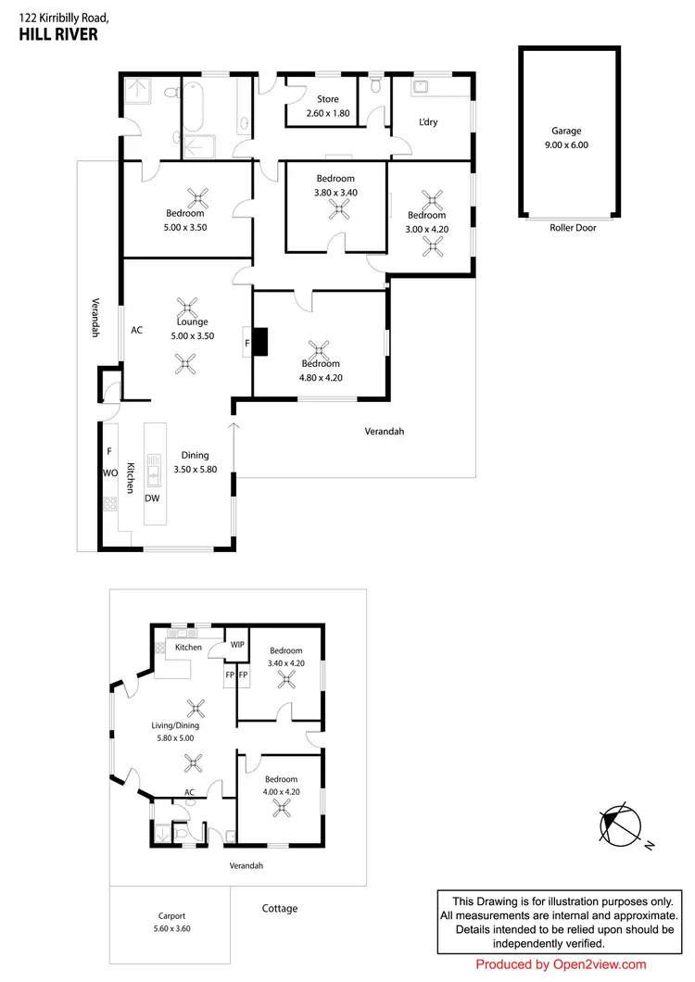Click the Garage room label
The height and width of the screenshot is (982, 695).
566,132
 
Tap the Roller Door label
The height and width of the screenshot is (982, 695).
573,228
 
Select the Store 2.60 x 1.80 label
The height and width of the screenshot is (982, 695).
328,106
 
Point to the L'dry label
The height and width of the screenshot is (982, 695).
427,122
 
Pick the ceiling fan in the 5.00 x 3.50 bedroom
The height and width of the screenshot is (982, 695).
197,196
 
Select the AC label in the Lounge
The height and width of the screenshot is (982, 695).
136,330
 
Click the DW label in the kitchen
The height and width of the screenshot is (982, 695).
152,498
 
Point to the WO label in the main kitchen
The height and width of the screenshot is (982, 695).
108,472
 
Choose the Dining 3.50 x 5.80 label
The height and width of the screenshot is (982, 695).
195,462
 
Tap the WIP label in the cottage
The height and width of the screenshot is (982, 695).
237,644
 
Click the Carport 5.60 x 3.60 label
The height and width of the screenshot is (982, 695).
171,922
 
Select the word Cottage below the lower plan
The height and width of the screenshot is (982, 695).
279,909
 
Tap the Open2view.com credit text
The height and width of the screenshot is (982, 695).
561,964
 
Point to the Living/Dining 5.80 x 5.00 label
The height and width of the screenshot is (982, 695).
175,732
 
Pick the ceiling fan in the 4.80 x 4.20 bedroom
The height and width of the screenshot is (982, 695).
319,350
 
